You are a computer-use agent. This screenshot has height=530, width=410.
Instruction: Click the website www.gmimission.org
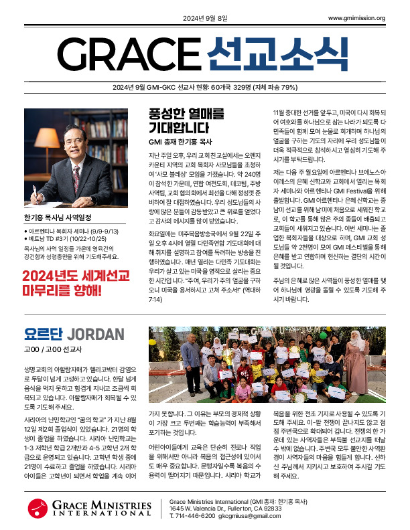[356, 18]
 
